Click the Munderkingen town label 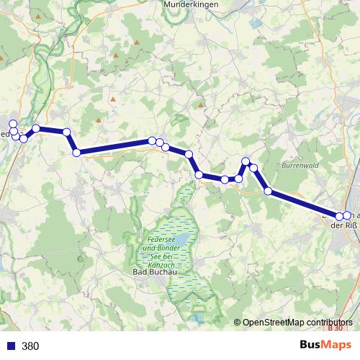[191, 4]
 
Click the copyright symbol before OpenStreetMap [238, 323]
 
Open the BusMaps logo [325, 345]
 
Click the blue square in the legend [11, 346]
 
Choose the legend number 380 [30, 346]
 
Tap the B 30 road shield [333, 328]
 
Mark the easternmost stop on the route [346, 215]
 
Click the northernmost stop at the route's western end [13, 124]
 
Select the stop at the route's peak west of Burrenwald [246, 161]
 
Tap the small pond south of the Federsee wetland [197, 315]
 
